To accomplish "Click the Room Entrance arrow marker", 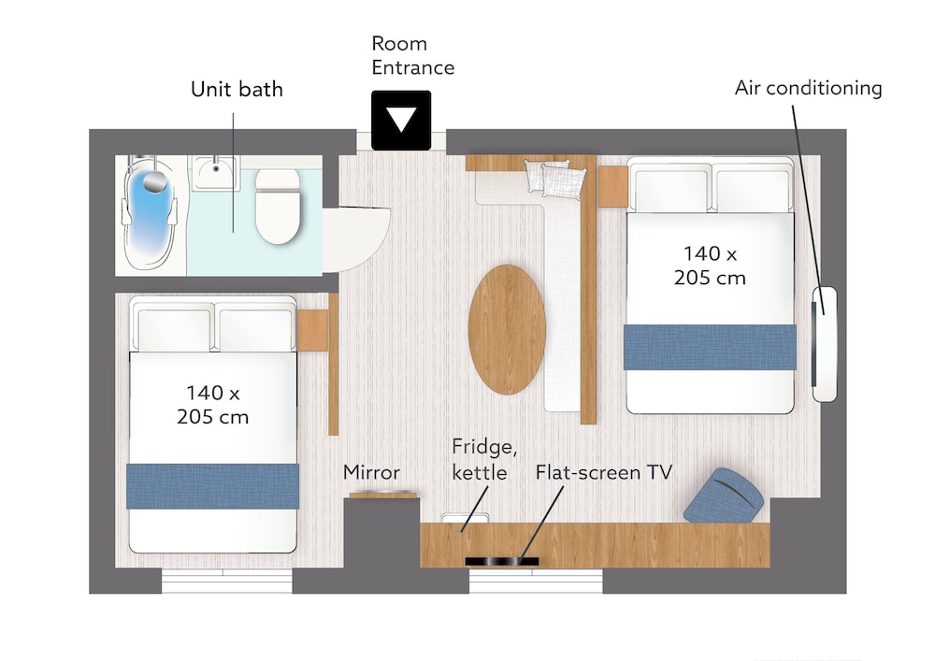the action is pos(401,120).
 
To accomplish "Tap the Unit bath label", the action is pos(237,90).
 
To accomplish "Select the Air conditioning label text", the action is pos(808,88).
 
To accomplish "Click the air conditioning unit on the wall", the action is pos(824,344).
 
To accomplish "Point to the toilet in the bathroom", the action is pos(278,206).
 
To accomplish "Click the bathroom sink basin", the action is pos(215,172).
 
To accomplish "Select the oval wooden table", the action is pos(507,329).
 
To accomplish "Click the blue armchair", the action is pos(724,496).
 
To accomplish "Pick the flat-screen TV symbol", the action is pos(501,561).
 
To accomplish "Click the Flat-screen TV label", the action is pos(603,472).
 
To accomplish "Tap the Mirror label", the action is pos(371,472).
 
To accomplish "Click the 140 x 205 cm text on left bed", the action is pos(213,405).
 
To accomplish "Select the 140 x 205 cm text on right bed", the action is pos(710,266).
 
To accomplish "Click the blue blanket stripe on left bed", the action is pos(213,486).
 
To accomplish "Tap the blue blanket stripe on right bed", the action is pos(710,347).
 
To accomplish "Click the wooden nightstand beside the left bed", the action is pos(312,330).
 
